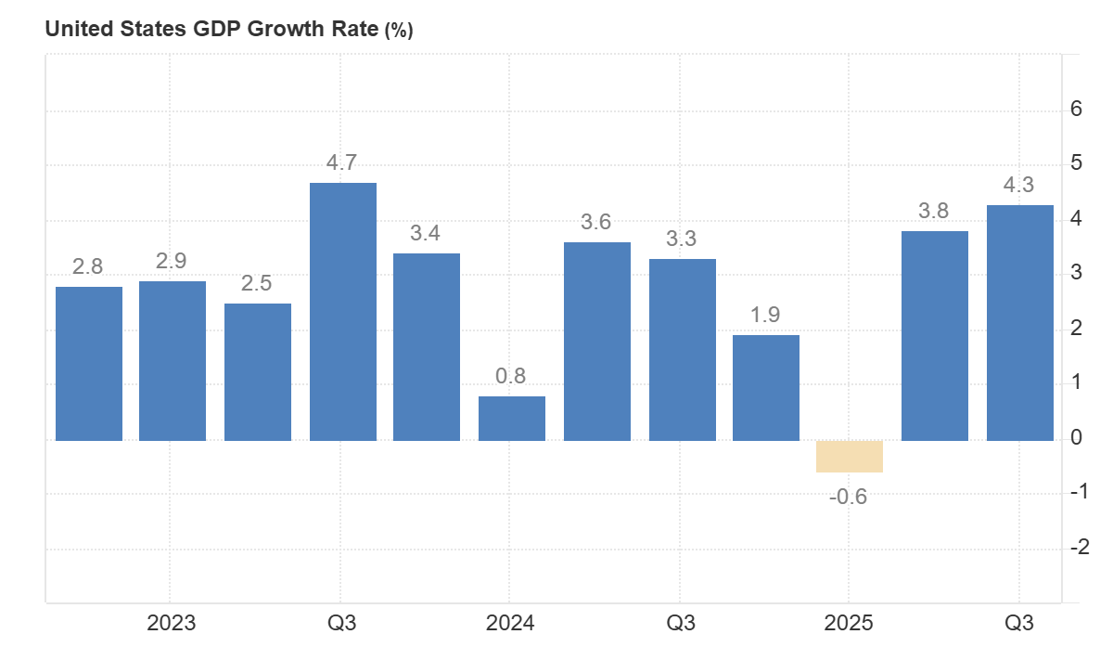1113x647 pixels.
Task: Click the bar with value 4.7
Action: (x=342, y=311)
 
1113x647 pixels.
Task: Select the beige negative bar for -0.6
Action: (x=849, y=457)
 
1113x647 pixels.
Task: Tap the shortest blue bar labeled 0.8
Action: (x=512, y=418)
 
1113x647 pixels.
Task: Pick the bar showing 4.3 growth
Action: (x=1019, y=322)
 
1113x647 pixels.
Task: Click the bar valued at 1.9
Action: (x=765, y=387)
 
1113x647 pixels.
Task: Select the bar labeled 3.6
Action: (x=596, y=341)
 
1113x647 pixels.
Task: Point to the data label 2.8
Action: (x=88, y=267)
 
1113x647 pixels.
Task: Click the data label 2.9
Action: (x=173, y=262)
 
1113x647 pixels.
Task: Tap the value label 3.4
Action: (x=426, y=234)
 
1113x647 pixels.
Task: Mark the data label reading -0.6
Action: (x=848, y=497)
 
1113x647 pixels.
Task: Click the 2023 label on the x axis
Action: (x=172, y=623)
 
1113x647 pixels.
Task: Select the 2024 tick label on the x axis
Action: (x=510, y=623)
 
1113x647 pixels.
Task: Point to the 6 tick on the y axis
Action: (x=1076, y=110)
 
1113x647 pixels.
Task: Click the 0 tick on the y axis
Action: (x=1076, y=437)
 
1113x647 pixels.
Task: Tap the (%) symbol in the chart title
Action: (x=399, y=30)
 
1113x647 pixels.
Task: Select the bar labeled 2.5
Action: (x=258, y=371)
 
